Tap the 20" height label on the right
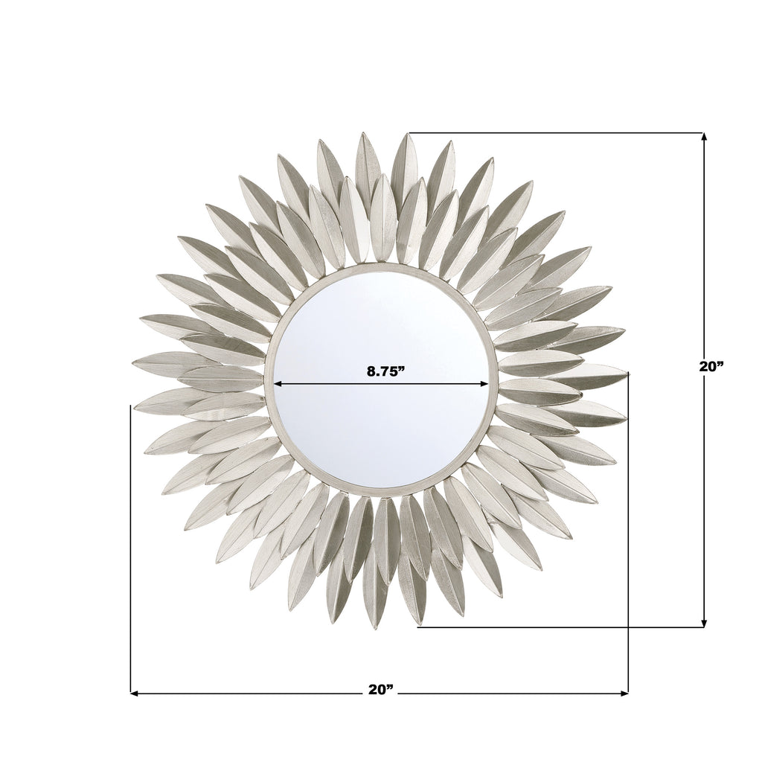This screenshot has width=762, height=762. tap(711, 366)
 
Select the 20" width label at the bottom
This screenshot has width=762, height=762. tap(380, 690)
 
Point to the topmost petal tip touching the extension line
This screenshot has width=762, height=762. tap(407, 135)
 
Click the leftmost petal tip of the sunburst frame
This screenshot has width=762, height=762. tap(134, 363)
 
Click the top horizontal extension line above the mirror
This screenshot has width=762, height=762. tap(558, 132)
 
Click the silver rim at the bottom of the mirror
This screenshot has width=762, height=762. tap(381, 492)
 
